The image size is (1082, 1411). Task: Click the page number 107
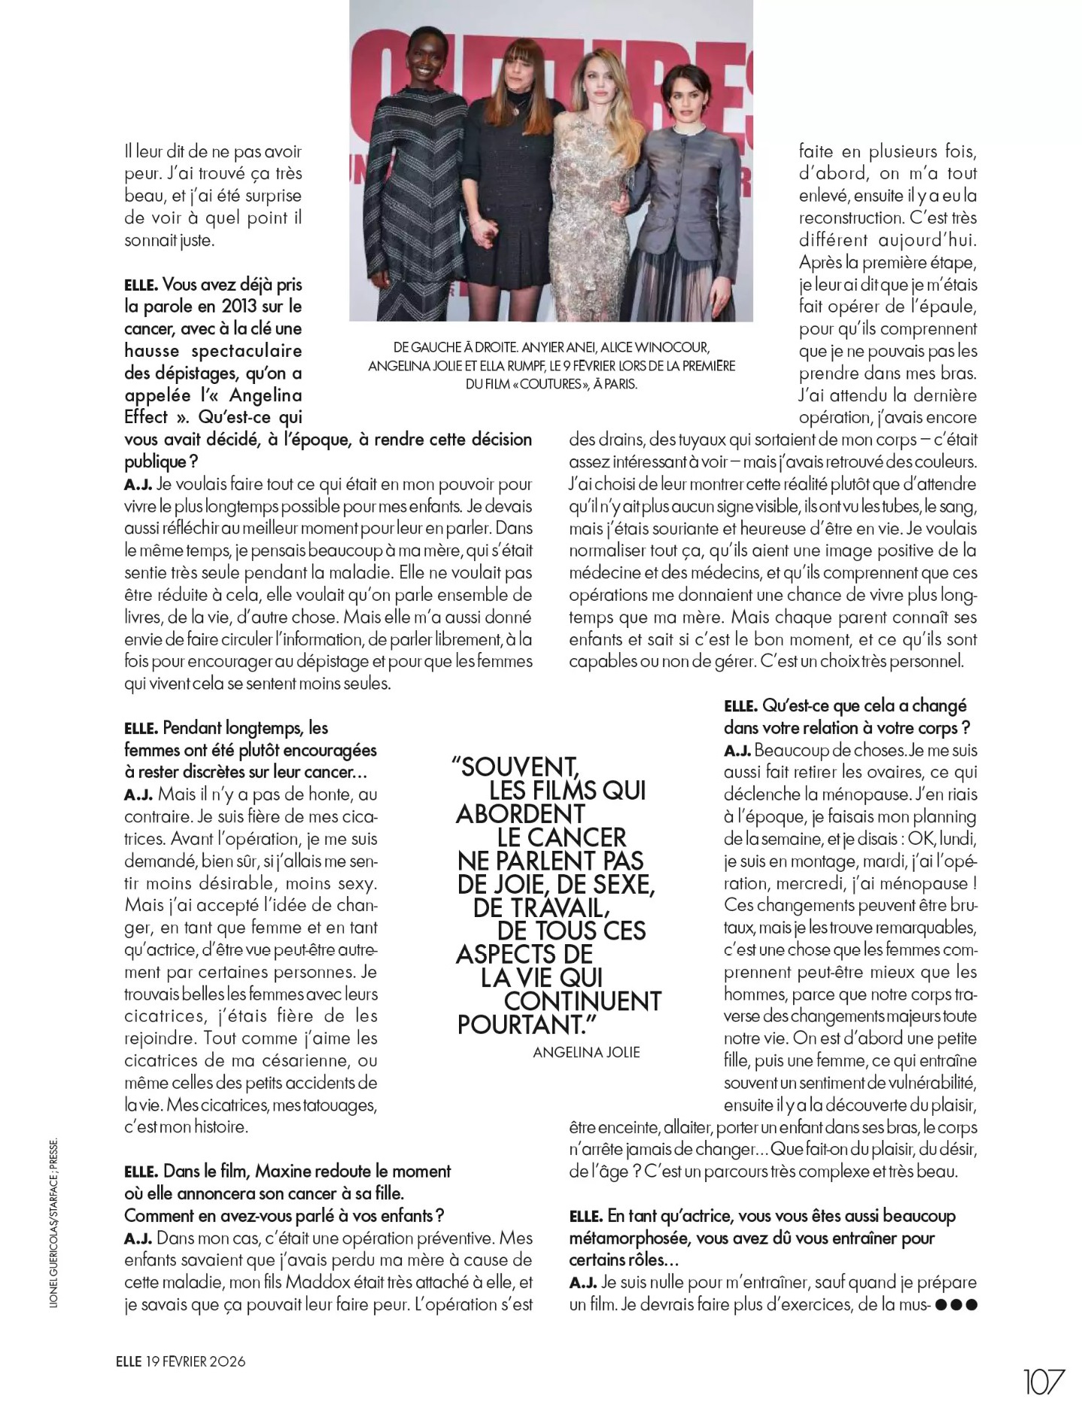(1044, 1382)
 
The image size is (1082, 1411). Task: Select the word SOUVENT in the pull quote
(519, 767)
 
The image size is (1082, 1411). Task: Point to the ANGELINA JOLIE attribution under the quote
(586, 1052)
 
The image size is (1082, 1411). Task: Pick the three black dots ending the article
(956, 1304)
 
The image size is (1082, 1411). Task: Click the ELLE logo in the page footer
(129, 1361)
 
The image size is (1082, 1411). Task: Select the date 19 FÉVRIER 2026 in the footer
(195, 1361)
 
